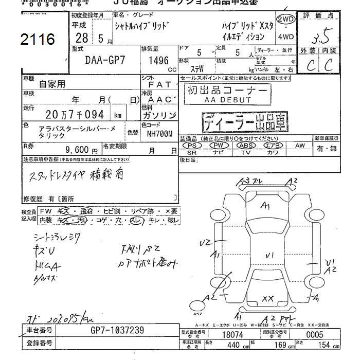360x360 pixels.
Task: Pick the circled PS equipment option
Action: (x=192, y=146)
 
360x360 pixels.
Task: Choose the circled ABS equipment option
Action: (x=245, y=146)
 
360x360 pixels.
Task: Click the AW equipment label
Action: (x=300, y=146)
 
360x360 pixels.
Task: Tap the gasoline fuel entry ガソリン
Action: (x=158, y=115)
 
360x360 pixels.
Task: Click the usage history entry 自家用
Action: (x=52, y=83)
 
